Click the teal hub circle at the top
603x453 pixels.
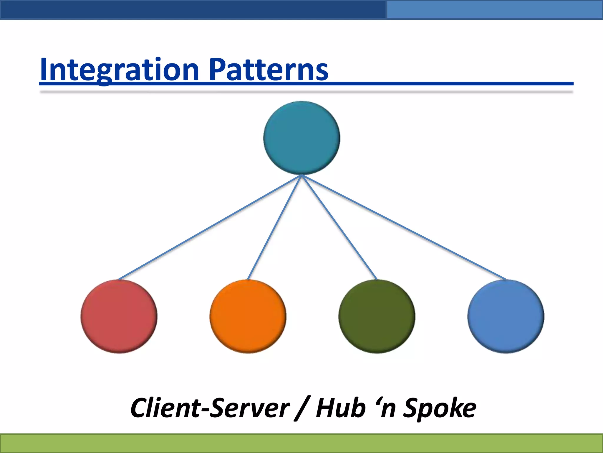tap(301, 138)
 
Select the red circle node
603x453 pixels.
tap(119, 316)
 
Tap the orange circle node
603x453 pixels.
tap(248, 316)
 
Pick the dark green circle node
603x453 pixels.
tap(377, 316)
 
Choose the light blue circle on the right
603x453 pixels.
tap(506, 316)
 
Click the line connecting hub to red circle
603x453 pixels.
tap(210, 227)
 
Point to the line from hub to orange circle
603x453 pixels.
tap(275, 227)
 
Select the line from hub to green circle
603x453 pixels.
tap(339, 227)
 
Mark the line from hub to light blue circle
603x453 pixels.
tap(404, 227)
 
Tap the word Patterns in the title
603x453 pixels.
tap(269, 70)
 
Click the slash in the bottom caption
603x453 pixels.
tap(302, 409)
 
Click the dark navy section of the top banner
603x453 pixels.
tap(191, 10)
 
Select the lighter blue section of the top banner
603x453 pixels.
tap(495, 10)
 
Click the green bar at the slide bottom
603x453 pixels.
tap(301, 443)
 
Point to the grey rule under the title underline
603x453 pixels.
tap(306, 92)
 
